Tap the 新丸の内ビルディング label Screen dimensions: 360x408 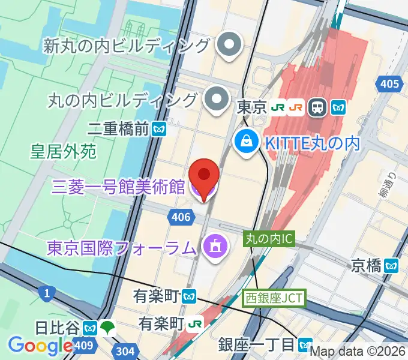[127, 45]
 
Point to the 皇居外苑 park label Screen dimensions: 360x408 [63, 151]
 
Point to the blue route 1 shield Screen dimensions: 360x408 [46, 293]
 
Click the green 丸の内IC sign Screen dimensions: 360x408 [268, 239]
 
